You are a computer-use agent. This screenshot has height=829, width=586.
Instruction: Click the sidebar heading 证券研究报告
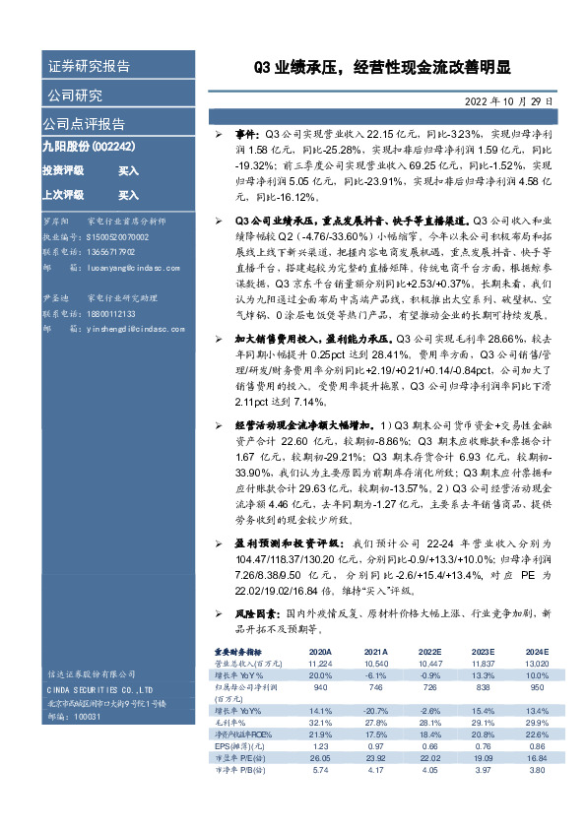pos(89,67)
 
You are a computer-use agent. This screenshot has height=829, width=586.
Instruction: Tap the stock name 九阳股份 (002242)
pos(89,145)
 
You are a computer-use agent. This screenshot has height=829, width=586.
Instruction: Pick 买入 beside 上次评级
pos(128,195)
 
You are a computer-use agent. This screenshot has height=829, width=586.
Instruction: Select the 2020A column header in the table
pos(320,653)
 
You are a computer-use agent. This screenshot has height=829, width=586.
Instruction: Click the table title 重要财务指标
pos(237,653)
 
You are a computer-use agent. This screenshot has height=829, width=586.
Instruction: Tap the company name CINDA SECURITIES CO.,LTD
pos(98,690)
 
